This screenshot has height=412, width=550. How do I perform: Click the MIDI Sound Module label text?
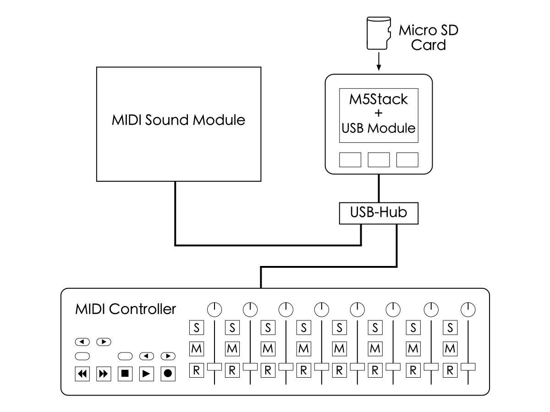coord(178,120)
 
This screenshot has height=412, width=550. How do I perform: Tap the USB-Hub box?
coord(379,213)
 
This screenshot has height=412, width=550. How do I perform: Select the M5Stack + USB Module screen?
coord(379,113)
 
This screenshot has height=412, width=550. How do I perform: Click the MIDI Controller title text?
coord(125,309)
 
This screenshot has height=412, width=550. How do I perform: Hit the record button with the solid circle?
coord(168,374)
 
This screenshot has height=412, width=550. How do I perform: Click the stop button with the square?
coord(125,374)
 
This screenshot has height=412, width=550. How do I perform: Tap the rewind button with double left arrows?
coord(82,374)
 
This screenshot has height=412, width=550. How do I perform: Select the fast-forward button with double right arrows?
coord(104,374)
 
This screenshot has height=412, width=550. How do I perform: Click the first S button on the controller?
coord(197,328)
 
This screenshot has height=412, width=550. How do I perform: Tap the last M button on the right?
coord(450,349)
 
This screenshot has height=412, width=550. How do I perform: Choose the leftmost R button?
coord(197,370)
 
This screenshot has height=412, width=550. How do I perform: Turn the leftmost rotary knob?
coord(214,310)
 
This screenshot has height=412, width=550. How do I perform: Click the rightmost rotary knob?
coord(468,310)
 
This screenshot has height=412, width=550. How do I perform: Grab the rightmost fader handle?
coord(468,367)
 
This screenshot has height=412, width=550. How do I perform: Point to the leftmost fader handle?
coord(214,367)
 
